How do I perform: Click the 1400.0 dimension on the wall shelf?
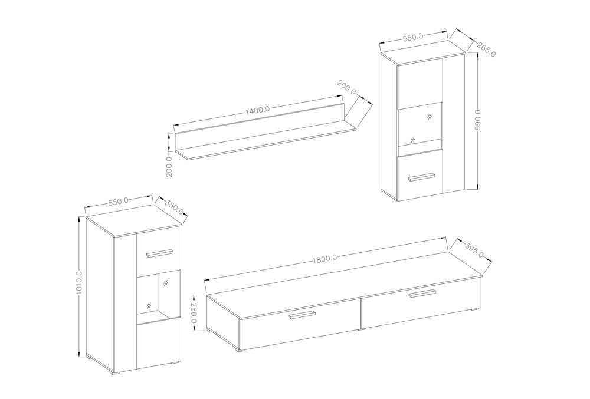[258, 110]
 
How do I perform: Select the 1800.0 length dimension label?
[324, 258]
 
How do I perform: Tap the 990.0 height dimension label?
[478, 120]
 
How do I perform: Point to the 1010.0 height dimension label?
[80, 283]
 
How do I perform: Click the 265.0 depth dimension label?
[486, 48]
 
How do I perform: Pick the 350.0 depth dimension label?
[174, 207]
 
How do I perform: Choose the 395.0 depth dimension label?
[474, 249]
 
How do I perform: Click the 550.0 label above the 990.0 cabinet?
[413, 37]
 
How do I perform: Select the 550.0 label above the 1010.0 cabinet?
[119, 202]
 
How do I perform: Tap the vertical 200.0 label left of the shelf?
[169, 166]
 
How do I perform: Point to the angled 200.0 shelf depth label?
[347, 88]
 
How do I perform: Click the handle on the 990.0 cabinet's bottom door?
[421, 177]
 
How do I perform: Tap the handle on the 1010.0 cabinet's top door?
[160, 253]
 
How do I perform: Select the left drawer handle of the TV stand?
[301, 315]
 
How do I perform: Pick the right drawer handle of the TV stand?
[422, 294]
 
